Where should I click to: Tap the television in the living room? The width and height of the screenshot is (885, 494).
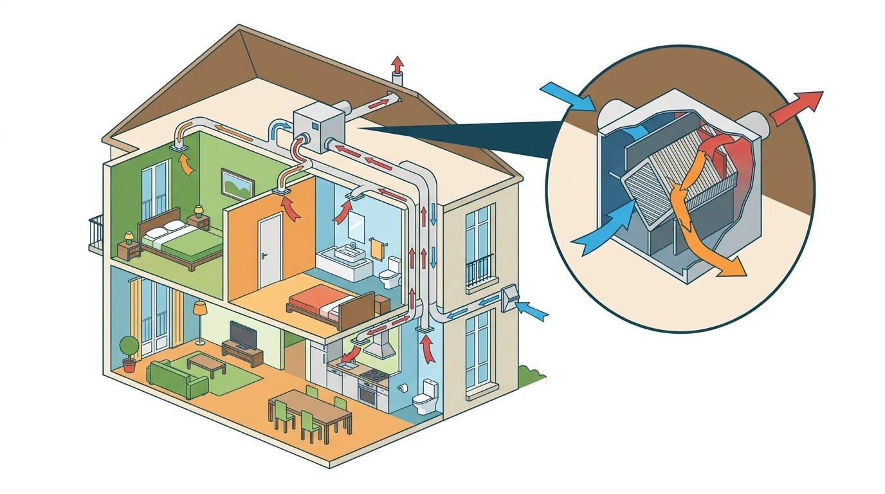242,334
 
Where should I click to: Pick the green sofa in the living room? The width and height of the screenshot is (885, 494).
178,379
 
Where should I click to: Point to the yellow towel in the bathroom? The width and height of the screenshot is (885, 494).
375,248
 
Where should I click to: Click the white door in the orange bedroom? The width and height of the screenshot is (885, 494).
269,250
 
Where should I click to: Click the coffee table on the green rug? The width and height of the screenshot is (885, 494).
206,363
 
